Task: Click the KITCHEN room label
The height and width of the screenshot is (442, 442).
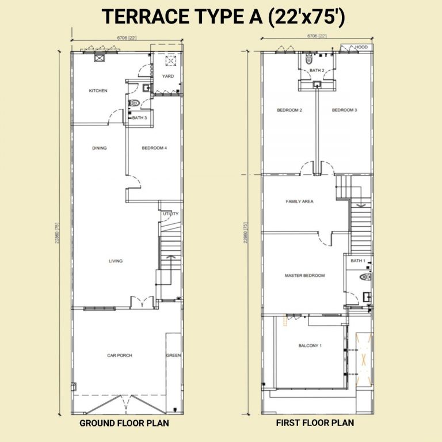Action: [x=98, y=91]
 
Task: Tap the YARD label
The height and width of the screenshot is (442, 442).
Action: [x=168, y=76]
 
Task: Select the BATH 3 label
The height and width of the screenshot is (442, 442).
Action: [x=139, y=118]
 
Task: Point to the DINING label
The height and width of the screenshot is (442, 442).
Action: [x=100, y=148]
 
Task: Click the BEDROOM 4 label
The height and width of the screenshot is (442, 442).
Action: [x=154, y=148]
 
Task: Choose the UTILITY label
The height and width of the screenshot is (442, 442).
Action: [x=171, y=214]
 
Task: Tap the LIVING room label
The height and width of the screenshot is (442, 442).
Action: [x=116, y=261]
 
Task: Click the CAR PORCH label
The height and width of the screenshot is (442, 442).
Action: [x=120, y=356]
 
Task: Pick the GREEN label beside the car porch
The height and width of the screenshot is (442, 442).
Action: [x=173, y=356]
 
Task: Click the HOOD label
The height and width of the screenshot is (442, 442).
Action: [x=361, y=47]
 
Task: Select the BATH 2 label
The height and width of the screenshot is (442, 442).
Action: [x=317, y=71]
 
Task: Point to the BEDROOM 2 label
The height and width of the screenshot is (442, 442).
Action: [x=289, y=110]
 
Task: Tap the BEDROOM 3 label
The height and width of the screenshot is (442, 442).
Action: [x=344, y=110]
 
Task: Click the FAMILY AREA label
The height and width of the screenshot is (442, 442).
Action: [x=299, y=202]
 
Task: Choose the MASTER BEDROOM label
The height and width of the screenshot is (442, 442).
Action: [x=304, y=276]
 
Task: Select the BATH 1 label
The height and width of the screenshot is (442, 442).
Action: [x=358, y=261]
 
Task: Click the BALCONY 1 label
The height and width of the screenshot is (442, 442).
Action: [x=310, y=346]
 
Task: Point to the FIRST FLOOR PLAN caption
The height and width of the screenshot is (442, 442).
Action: [x=315, y=423]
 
